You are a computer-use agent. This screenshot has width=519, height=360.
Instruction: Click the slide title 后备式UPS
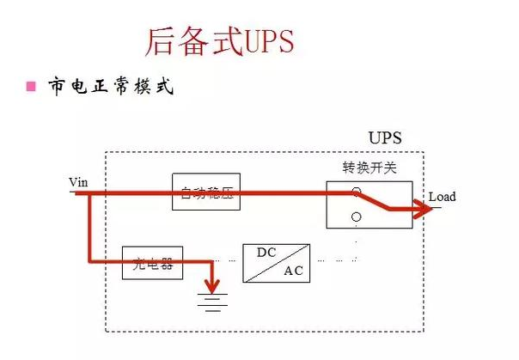point(219,40)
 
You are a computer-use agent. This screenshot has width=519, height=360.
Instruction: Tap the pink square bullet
point(31,87)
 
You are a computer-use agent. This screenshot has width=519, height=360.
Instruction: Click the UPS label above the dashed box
point(384,137)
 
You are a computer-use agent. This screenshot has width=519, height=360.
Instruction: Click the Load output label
point(442,197)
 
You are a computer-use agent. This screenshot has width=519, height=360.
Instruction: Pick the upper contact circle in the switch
point(356,192)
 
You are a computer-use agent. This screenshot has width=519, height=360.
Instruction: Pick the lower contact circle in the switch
point(356,217)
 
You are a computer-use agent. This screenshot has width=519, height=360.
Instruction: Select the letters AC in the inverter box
point(292,272)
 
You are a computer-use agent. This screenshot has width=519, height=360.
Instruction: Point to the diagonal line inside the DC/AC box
point(276,263)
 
